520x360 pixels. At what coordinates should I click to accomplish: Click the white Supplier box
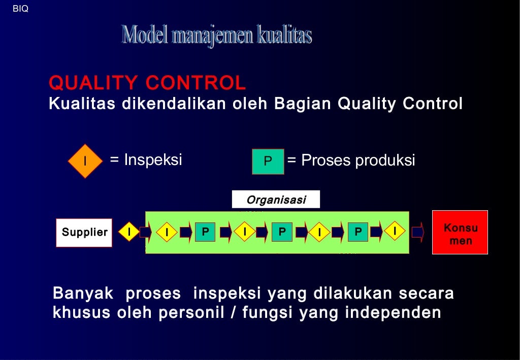point(84,233)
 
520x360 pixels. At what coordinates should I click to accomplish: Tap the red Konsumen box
point(460,233)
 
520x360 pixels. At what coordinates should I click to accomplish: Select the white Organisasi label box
point(276,200)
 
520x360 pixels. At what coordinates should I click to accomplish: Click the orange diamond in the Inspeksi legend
point(85,161)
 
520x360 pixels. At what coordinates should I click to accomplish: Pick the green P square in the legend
point(268,161)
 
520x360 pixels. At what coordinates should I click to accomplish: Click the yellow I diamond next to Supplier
point(129,232)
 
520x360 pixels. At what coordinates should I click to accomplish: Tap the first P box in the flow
point(205,232)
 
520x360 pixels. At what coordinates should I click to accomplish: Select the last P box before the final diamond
point(358,232)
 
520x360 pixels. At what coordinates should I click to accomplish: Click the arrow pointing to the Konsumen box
point(417,232)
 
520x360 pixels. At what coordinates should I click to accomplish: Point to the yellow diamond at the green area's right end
point(395,232)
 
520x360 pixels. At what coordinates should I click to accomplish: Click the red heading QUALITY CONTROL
point(147,82)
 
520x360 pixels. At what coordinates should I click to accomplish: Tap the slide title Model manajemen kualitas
point(217,35)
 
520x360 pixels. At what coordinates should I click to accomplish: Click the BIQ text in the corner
point(20,9)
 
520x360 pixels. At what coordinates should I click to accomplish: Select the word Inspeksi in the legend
point(153,160)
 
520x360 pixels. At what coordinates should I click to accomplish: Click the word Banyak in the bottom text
point(83,293)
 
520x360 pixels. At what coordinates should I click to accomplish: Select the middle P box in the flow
point(282,232)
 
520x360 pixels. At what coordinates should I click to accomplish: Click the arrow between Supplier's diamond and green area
point(145,232)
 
